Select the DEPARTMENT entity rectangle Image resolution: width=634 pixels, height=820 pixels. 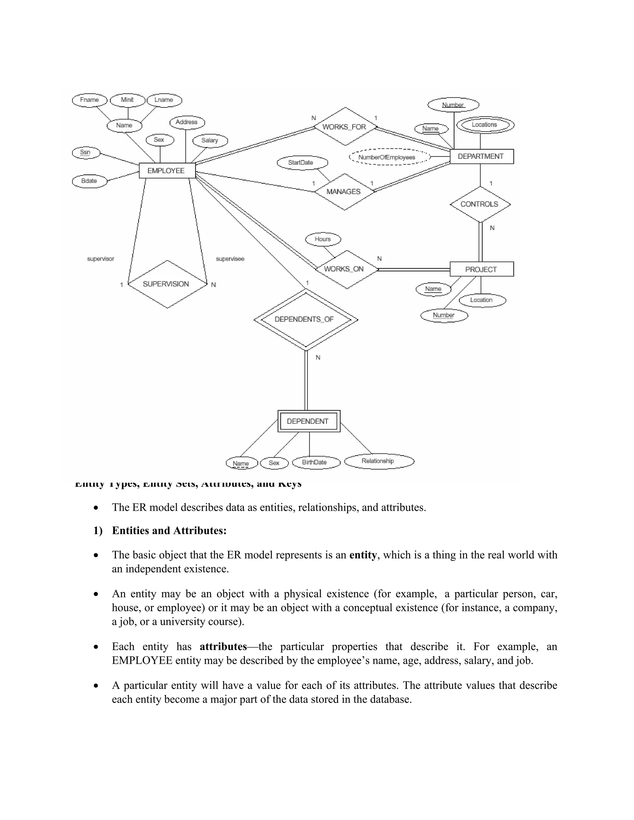point(481,156)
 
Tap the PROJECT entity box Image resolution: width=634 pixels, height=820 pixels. point(481,269)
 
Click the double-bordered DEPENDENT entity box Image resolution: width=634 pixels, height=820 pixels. point(309,421)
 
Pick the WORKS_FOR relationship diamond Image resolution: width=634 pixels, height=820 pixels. point(345,127)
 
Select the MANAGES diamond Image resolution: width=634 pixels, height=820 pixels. point(344,192)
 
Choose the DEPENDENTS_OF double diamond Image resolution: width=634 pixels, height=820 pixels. point(305,320)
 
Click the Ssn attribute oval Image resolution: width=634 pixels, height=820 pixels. point(86,153)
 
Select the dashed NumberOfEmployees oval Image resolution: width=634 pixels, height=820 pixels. point(387,157)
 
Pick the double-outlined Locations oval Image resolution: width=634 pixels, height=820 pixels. point(485,125)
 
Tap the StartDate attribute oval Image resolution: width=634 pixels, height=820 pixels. point(302,162)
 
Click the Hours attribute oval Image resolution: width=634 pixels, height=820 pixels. point(323,239)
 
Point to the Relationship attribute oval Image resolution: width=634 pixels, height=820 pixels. point(379,461)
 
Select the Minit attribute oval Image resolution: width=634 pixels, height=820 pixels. point(127,100)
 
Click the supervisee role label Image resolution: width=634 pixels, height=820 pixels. point(230,259)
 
